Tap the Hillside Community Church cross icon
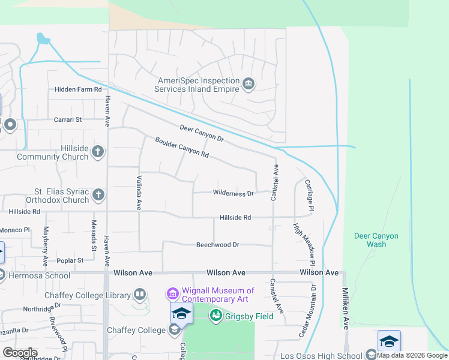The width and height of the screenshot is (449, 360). [98, 152]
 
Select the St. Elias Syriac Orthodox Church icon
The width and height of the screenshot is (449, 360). [98, 195]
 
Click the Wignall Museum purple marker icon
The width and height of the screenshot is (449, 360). [173, 294]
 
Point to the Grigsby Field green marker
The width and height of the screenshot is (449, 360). [217, 316]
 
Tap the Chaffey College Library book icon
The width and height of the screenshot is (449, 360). [139, 295]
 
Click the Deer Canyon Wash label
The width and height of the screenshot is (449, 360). [376, 240]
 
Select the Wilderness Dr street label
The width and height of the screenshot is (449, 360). [234, 193]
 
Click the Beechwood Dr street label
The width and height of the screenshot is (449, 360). [217, 245]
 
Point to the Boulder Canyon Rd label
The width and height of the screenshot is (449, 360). [181, 148]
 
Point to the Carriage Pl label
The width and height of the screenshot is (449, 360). [310, 195]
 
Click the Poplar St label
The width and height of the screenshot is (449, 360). [70, 260]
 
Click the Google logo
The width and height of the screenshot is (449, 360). [19, 353]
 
